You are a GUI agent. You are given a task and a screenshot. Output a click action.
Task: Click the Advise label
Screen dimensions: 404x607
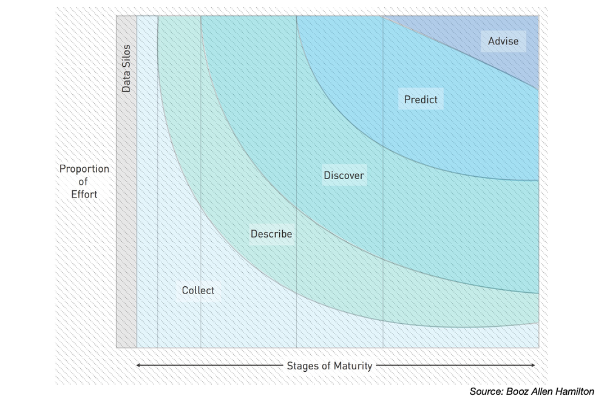coord(503,41)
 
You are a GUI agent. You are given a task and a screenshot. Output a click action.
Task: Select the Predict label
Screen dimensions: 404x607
coord(421,99)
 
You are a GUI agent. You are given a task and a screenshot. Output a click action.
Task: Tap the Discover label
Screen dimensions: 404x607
coord(344,176)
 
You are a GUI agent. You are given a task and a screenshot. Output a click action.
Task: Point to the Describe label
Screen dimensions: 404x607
coord(271,234)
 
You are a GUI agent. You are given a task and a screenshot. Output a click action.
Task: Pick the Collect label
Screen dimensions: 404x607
coord(198,290)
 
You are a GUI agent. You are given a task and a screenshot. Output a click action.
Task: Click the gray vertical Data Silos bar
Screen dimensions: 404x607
coord(126,213)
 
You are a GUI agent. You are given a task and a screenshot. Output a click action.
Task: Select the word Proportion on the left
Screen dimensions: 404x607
coord(84,169)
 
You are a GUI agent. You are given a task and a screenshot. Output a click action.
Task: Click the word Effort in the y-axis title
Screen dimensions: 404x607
coord(84,194)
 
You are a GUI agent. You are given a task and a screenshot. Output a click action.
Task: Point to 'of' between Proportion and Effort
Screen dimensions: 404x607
coord(84,182)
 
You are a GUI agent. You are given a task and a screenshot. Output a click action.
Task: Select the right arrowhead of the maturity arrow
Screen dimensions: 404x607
coord(533,366)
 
